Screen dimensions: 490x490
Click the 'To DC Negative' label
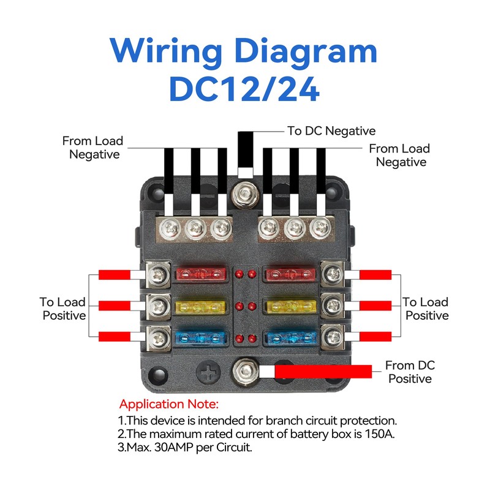pos(331,131)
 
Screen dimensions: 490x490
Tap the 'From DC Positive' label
pos(410,372)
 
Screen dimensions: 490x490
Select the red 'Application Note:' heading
pos(169,404)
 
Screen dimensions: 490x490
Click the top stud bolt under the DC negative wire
pos(246,195)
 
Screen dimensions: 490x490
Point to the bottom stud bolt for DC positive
pos(246,371)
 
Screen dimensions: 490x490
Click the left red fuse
pos(201,274)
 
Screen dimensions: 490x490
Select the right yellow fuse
pos(290,307)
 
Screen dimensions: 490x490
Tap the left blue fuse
pos(200,339)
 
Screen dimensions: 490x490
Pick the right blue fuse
pos(290,339)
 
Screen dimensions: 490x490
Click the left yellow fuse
pos(200,307)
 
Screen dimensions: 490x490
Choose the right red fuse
pos(290,274)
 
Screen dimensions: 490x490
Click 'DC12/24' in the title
pos(244,89)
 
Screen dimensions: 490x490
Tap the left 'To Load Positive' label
pos(63,309)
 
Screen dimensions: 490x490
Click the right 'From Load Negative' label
pos(400,156)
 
